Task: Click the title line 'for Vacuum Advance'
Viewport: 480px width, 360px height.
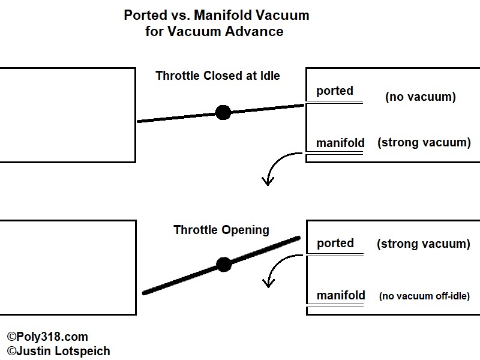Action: [x=214, y=31]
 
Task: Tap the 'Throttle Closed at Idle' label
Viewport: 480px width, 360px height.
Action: [x=218, y=76]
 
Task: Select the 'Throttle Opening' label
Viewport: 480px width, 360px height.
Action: [x=221, y=230]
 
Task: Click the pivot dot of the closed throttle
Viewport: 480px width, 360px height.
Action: [x=223, y=112]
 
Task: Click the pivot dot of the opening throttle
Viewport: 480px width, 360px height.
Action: [x=224, y=265]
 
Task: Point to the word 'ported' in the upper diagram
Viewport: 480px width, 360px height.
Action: [x=334, y=91]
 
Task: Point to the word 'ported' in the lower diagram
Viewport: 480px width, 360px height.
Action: [x=334, y=244]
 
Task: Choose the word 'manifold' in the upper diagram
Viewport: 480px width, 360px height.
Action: [x=340, y=143]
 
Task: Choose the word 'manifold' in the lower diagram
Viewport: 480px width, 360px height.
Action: [x=340, y=295]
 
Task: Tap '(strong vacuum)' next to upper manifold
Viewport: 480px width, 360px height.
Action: [x=424, y=143]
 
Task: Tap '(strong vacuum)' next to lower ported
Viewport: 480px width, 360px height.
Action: [x=423, y=244]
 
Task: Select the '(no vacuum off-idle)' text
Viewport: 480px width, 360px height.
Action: [x=424, y=296]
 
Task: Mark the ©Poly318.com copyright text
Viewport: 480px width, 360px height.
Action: [x=47, y=337]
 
